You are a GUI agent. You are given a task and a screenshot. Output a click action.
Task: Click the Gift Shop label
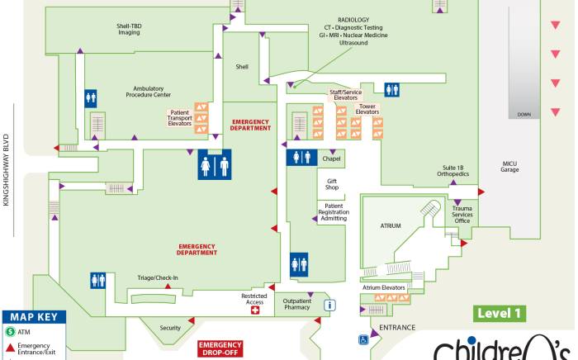332,184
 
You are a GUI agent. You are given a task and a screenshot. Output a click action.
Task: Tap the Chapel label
331,159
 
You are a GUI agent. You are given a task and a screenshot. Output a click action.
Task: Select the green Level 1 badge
500,313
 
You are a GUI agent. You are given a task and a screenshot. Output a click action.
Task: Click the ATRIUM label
390,224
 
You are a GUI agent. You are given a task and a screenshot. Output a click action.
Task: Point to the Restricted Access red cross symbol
255,311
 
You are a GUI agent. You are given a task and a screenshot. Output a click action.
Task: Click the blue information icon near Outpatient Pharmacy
330,306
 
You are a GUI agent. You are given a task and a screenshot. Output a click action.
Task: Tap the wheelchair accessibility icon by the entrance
362,339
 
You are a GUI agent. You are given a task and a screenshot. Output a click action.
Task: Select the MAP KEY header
32,317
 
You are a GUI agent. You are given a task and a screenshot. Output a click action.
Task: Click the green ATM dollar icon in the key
10,332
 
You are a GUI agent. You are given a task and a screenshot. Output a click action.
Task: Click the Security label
170,328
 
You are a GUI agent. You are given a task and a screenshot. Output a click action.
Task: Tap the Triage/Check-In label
158,277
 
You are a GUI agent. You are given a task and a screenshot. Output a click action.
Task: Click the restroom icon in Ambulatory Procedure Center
92,97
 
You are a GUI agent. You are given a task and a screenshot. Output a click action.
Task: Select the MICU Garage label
509,167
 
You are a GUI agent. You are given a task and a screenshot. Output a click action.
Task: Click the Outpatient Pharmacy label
296,305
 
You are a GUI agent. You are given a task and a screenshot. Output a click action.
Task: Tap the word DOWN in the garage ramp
524,115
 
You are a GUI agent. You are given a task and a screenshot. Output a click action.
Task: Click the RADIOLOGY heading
353,19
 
